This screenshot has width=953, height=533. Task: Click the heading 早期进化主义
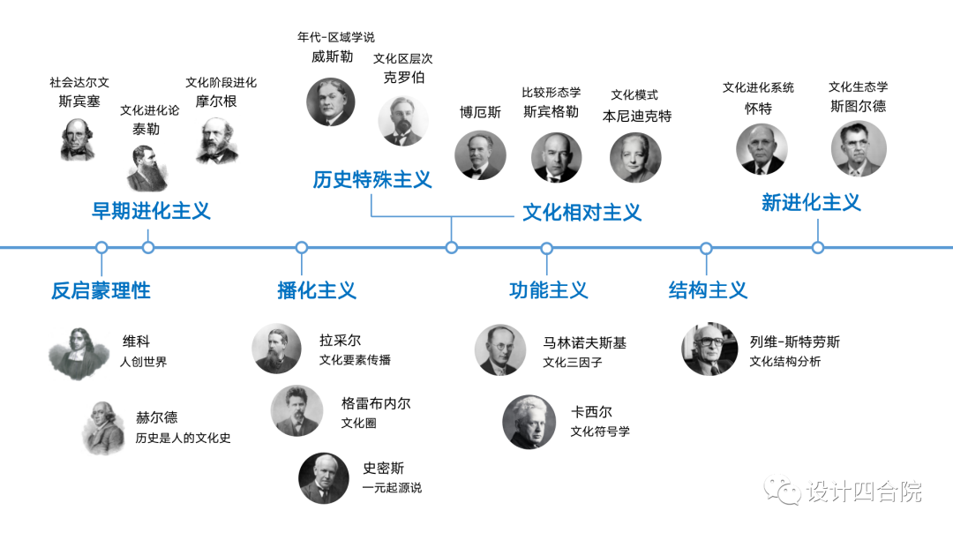click(151, 211)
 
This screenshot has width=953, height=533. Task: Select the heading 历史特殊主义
click(371, 180)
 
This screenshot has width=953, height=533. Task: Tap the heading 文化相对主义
click(582, 212)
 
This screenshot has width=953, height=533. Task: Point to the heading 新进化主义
click(810, 202)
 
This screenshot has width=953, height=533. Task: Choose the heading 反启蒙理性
click(101, 290)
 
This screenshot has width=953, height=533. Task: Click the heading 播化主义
click(316, 290)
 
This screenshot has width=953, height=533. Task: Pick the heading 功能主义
click(548, 290)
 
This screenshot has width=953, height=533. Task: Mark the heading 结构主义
click(708, 290)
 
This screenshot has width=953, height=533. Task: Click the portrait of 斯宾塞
click(78, 139)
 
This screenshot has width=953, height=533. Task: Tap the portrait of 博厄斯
click(480, 156)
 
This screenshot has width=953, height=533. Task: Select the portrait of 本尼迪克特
click(635, 158)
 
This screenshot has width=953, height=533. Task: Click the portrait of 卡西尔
click(529, 421)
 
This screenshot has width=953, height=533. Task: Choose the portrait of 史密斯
click(325, 477)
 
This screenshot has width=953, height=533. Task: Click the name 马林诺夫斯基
click(584, 342)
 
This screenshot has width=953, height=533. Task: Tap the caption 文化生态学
click(858, 86)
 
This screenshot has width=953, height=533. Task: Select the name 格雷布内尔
click(376, 403)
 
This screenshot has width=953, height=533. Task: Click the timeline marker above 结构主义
click(706, 248)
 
